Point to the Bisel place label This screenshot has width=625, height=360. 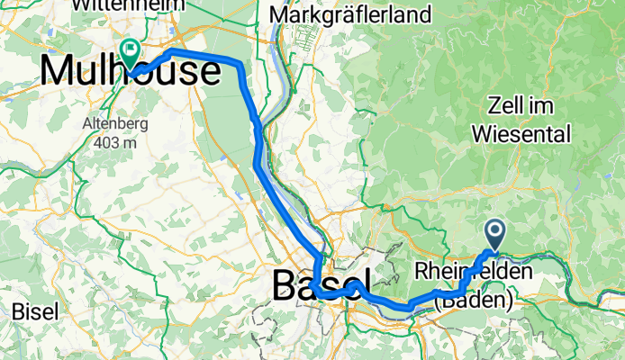tap(36, 311)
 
